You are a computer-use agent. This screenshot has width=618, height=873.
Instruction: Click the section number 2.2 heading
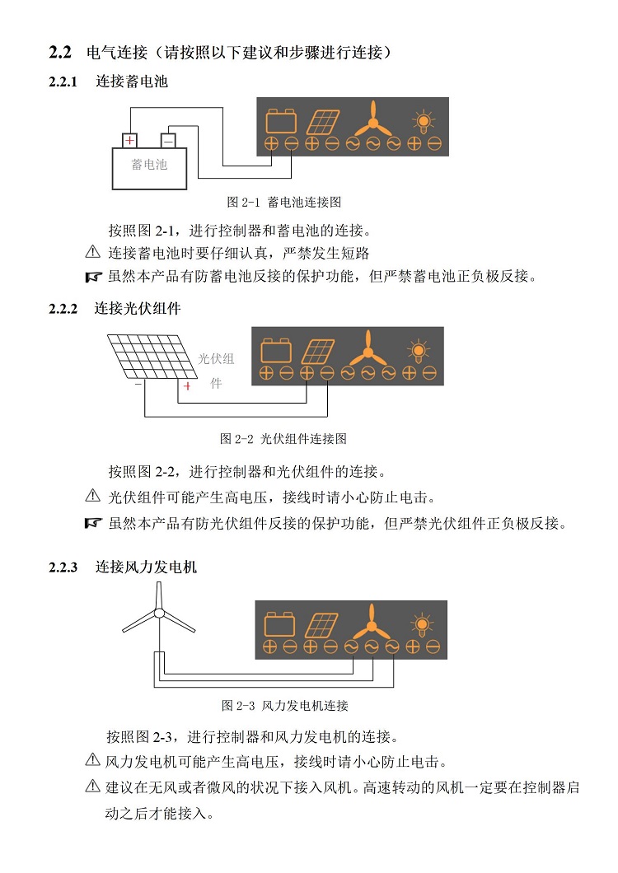click(x=61, y=53)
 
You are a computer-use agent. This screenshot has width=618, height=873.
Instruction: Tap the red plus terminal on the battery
click(x=130, y=140)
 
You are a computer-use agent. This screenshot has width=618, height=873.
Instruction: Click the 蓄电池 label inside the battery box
click(x=149, y=165)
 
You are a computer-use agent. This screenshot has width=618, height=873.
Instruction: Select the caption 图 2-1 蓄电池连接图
click(x=283, y=202)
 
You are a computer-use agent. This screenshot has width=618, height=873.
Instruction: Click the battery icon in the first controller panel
click(x=281, y=122)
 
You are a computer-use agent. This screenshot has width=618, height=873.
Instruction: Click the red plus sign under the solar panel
click(x=187, y=386)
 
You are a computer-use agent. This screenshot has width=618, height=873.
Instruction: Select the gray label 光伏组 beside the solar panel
click(x=217, y=359)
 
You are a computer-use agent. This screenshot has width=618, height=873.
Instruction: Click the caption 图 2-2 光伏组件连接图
click(x=283, y=439)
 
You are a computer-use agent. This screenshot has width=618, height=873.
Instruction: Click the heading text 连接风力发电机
click(x=145, y=567)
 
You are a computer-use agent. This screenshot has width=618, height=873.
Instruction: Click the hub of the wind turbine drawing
click(x=158, y=613)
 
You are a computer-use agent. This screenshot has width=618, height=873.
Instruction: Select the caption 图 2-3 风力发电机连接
click(x=285, y=706)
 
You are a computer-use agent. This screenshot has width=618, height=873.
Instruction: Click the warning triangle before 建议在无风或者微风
click(x=92, y=787)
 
